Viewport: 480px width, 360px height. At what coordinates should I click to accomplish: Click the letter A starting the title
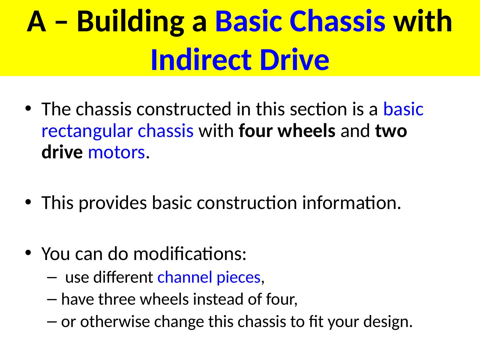click(37, 22)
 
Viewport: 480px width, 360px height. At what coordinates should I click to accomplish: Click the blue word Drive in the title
click(295, 60)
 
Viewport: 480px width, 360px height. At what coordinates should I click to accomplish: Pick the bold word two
click(391, 131)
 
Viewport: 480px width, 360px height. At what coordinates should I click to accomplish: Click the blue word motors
click(116, 153)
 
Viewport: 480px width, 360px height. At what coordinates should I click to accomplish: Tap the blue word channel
click(185, 277)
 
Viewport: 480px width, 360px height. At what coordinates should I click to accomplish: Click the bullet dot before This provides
click(28, 202)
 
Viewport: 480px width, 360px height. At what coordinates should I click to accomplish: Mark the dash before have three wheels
click(52, 300)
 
